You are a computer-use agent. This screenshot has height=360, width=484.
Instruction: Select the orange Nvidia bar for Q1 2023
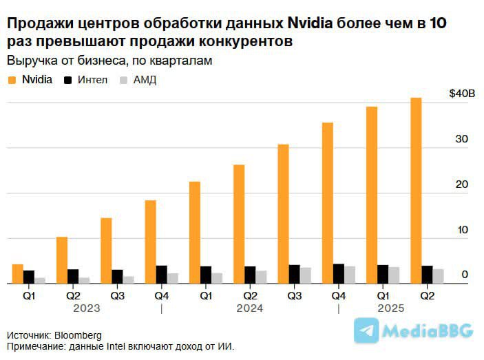pyautogui.click(x=18, y=273)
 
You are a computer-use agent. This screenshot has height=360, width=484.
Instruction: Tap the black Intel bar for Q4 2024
pyautogui.click(x=339, y=273)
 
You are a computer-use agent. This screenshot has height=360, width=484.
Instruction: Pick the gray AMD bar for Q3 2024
pyautogui.click(x=306, y=275)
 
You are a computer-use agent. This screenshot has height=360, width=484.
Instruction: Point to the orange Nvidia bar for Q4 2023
pyautogui.click(x=150, y=242)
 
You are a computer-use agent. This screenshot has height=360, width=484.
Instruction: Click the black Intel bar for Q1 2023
pyautogui.click(x=29, y=277)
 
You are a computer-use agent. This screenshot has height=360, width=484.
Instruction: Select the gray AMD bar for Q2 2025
pyautogui.click(x=438, y=276)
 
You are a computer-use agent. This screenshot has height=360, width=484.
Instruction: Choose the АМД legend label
pyautogui.click(x=145, y=80)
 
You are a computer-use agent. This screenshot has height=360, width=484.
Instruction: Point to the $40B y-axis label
pyautogui.click(x=461, y=93)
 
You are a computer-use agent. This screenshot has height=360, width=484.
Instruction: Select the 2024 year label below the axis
pyautogui.click(x=250, y=308)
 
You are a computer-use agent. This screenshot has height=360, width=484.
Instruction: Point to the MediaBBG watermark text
pyautogui.click(x=428, y=332)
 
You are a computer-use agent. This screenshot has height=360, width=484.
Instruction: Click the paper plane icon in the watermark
pyautogui.click(x=366, y=331)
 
